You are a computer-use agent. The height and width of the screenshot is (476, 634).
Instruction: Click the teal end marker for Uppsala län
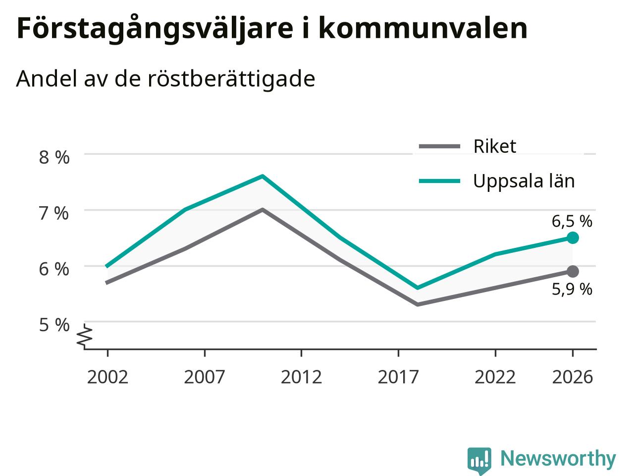click(x=573, y=238)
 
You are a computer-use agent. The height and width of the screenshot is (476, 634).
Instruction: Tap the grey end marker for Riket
click(x=573, y=271)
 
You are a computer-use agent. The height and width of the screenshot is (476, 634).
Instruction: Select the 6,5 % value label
click(x=572, y=222)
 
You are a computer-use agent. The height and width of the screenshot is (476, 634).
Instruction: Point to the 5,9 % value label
click(x=572, y=289)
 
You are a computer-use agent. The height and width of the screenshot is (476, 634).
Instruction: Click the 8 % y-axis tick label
click(x=54, y=158)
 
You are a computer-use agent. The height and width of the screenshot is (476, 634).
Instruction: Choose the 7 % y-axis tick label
click(x=54, y=214)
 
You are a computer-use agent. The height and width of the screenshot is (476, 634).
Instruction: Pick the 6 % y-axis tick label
click(x=54, y=269)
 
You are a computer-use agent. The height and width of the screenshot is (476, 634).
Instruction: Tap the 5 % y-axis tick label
click(x=54, y=325)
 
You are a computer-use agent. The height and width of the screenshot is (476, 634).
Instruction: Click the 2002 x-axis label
click(x=107, y=377)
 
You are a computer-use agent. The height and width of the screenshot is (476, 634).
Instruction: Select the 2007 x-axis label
click(x=205, y=377)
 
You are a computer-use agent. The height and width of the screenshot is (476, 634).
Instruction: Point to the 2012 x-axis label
click(x=301, y=377)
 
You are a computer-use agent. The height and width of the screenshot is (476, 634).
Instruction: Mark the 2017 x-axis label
click(x=398, y=377)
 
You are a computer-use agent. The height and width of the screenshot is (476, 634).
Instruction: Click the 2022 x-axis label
click(x=495, y=377)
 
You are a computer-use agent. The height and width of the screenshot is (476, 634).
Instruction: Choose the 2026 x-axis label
click(x=573, y=377)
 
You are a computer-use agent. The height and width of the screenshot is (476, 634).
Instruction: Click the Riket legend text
click(x=495, y=146)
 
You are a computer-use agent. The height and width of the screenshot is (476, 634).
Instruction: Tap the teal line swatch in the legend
click(x=440, y=181)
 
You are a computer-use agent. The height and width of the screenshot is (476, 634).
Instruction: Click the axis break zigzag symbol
click(x=84, y=335)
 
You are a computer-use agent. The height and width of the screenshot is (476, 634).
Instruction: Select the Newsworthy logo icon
click(x=479, y=461)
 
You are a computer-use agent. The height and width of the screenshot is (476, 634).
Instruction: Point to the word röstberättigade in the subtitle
click(x=231, y=79)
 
